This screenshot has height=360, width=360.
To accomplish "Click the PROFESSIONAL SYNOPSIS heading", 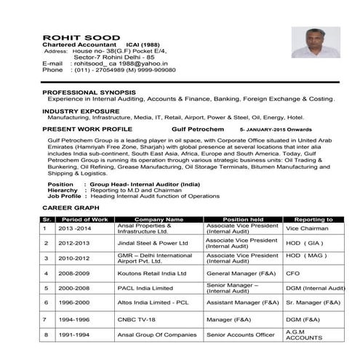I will tap(89, 92).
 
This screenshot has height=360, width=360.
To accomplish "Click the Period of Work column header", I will tap(84, 219).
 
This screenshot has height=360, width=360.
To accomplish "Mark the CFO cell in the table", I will tap(292, 273).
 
